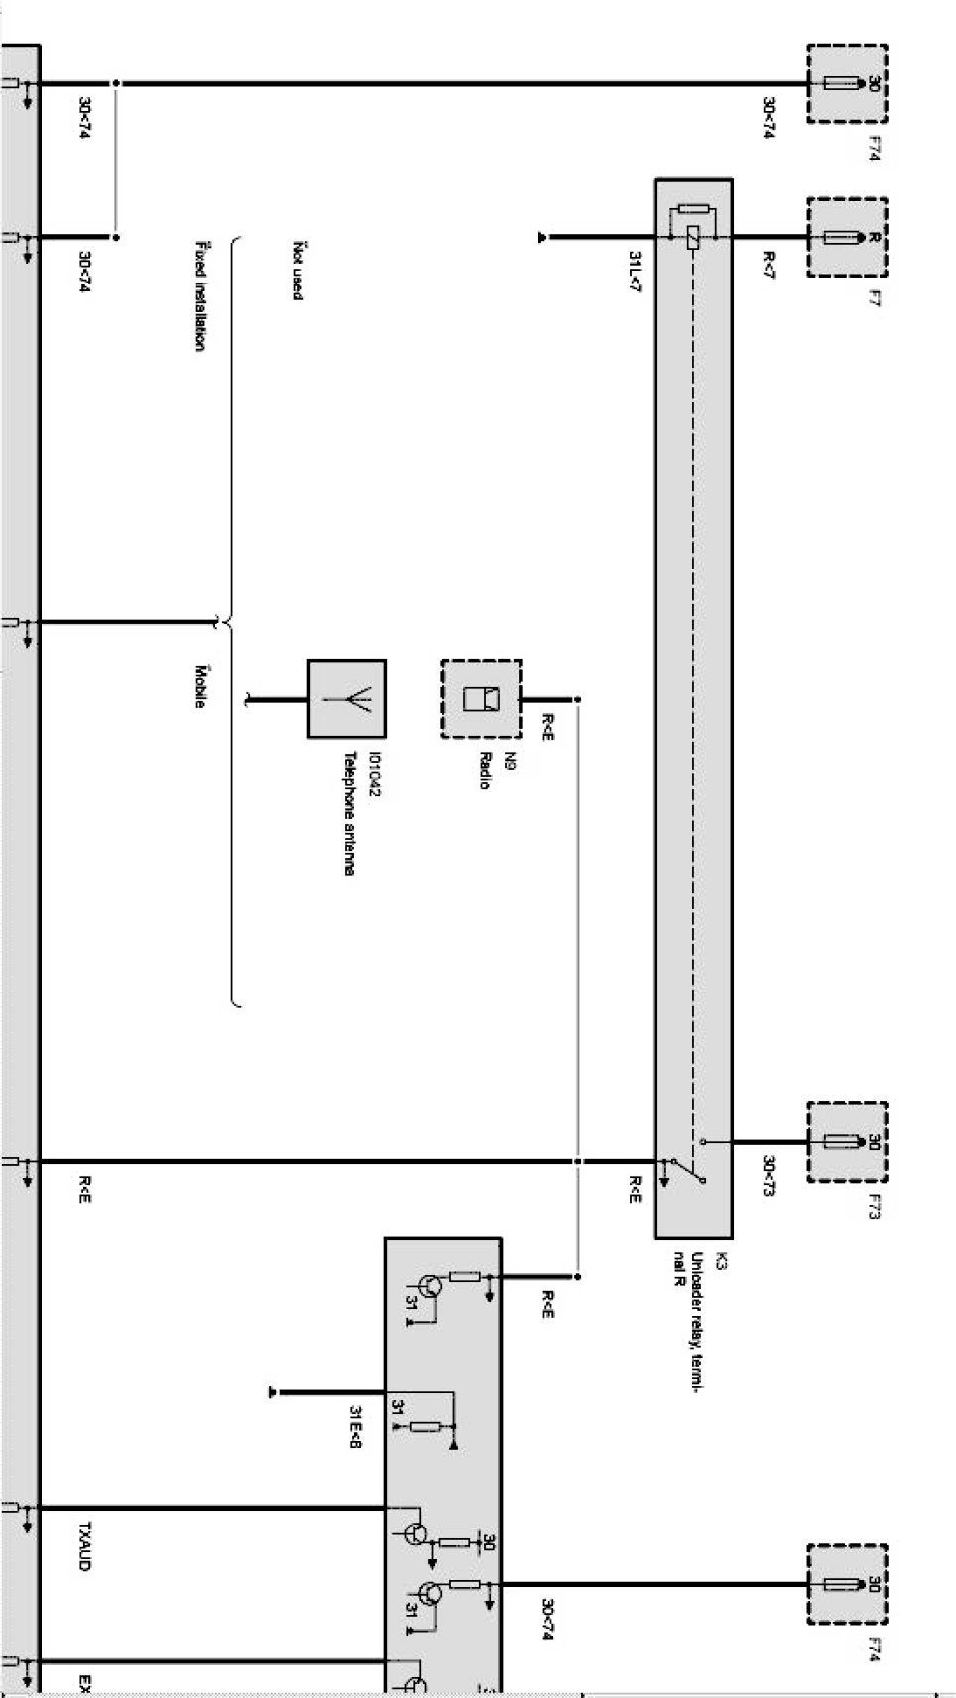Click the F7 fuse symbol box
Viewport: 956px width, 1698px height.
846,238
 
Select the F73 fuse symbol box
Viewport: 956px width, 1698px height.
846,1141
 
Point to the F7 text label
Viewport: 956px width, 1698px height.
873,297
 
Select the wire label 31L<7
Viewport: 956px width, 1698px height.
634,271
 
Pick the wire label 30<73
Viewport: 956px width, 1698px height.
768,1177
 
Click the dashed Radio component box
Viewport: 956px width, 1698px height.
481,699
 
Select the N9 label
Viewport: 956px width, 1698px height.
510,761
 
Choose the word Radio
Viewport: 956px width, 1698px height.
484,770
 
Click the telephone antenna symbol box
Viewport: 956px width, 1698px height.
346,699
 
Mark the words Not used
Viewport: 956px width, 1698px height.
297,270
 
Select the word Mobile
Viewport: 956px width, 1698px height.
201,685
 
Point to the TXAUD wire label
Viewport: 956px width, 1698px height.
85,1545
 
